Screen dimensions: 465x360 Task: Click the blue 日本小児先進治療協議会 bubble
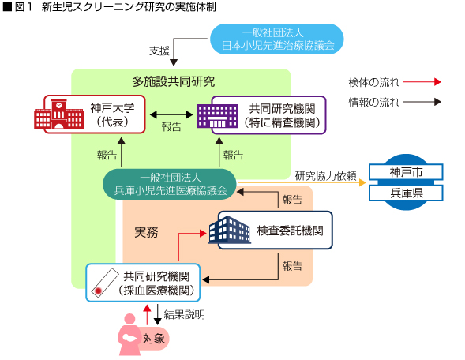click(x=276, y=39)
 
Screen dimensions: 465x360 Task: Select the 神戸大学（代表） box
click(x=95, y=114)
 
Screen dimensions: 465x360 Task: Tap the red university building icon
click(x=58, y=114)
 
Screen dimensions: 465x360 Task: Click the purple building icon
click(x=217, y=116)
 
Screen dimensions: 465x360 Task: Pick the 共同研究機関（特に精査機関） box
click(x=268, y=115)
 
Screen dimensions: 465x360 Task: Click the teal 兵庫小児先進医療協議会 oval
click(x=170, y=184)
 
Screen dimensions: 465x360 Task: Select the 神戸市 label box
click(x=406, y=172)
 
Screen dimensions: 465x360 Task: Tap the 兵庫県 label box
click(x=406, y=193)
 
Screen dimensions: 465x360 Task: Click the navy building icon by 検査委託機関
click(x=229, y=230)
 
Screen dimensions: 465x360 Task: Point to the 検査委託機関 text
click(x=290, y=231)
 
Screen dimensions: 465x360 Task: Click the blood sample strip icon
click(x=105, y=283)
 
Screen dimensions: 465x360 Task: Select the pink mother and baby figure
click(x=129, y=335)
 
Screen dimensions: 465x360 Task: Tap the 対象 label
click(x=154, y=339)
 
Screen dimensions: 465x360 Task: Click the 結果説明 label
click(x=184, y=314)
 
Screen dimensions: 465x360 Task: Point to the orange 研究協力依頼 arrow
click(x=302, y=182)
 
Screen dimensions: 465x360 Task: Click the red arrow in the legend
click(x=422, y=82)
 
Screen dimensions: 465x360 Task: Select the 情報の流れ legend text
click(x=373, y=103)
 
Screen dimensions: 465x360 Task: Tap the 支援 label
click(x=159, y=51)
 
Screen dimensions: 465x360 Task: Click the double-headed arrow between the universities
click(x=171, y=114)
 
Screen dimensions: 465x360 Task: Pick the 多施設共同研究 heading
click(x=174, y=81)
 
